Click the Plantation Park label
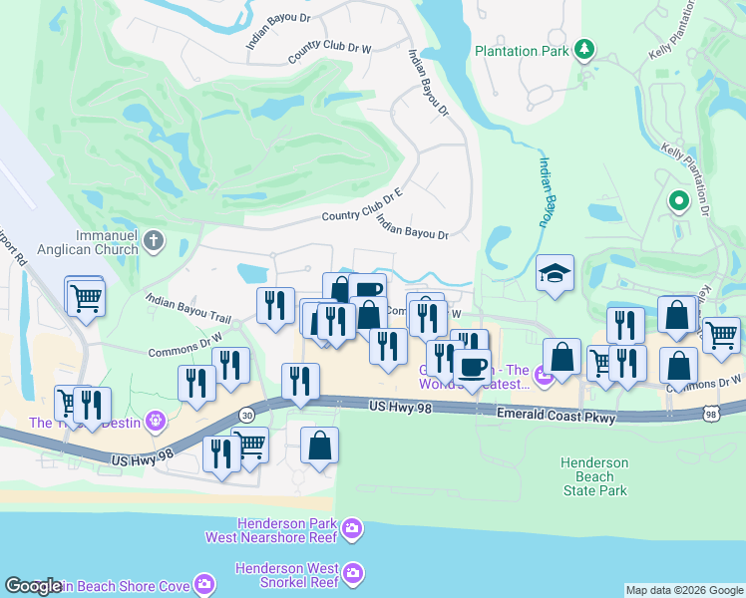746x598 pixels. (521, 50)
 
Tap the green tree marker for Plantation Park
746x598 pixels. (584, 49)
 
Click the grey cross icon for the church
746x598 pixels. (154, 239)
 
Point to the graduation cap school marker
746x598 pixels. (556, 274)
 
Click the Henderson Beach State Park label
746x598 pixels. (593, 476)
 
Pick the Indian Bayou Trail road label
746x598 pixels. (187, 307)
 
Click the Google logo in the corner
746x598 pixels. (32, 587)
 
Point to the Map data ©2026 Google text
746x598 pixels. (683, 590)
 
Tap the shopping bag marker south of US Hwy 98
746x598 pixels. (319, 447)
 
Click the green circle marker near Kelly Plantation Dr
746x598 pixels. (679, 203)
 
